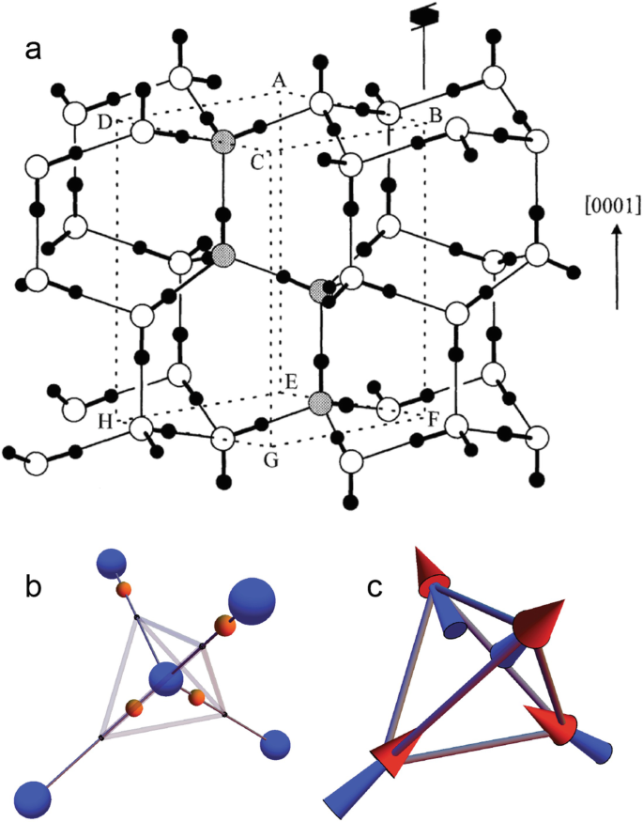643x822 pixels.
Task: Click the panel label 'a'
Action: (33, 53)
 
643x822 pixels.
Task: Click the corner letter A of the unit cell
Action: (278, 82)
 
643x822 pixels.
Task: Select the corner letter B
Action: (435, 116)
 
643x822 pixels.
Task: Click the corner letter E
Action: (292, 381)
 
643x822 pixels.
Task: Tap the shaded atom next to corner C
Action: (222, 142)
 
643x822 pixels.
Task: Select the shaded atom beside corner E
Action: (320, 403)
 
